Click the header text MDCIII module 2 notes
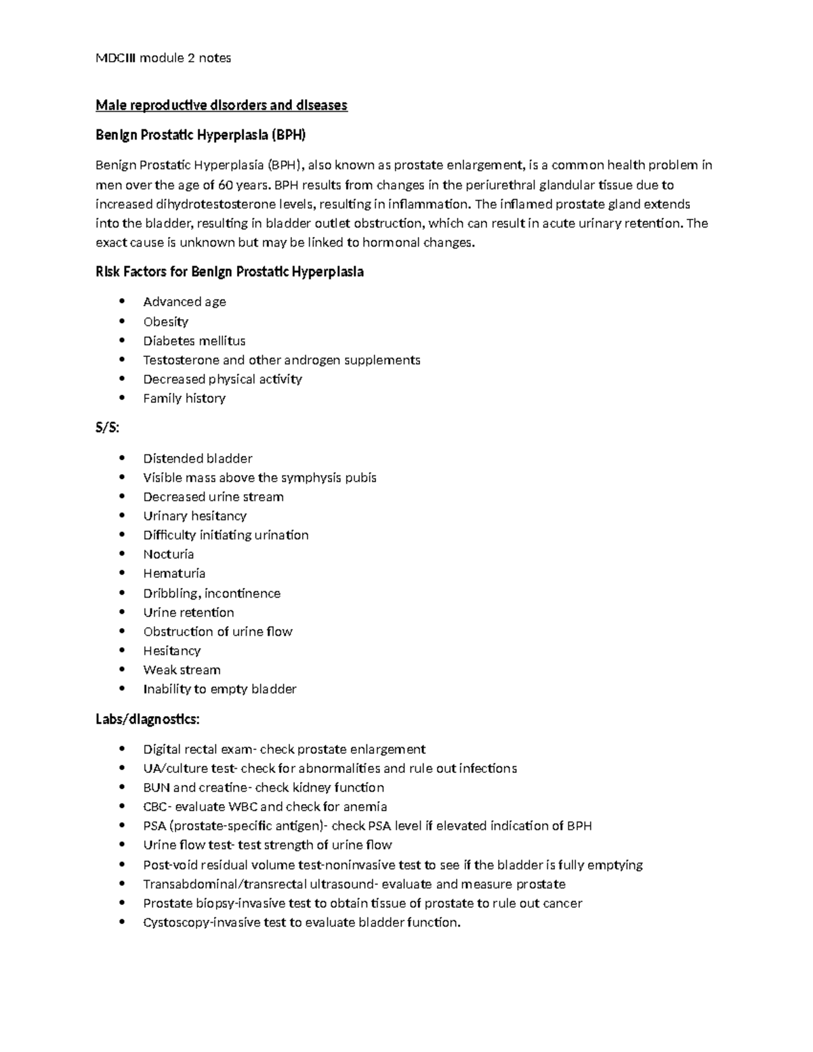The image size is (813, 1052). (x=163, y=58)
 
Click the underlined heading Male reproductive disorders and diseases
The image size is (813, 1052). (x=221, y=105)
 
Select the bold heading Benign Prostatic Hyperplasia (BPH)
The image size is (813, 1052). (x=201, y=135)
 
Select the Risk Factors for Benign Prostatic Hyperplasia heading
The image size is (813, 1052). (x=229, y=272)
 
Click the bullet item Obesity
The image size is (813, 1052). (x=165, y=322)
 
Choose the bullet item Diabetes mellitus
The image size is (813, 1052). (x=194, y=341)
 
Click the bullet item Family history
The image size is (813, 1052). (x=184, y=398)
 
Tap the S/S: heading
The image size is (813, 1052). (x=107, y=428)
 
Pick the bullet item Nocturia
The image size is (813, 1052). (x=168, y=554)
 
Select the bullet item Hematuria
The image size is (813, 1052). (x=174, y=574)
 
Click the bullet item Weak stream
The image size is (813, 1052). (x=182, y=670)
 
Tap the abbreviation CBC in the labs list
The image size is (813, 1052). (x=153, y=807)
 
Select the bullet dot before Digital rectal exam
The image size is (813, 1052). (x=122, y=749)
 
